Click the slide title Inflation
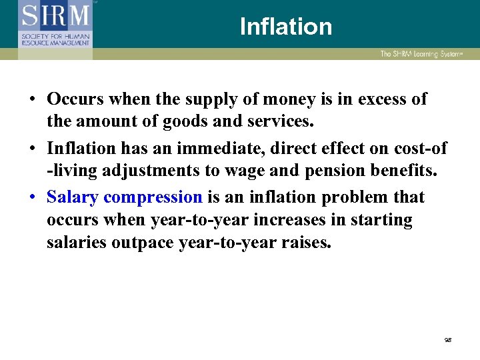point(285,27)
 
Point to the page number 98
point(448,340)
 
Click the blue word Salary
point(73,197)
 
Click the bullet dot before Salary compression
point(32,198)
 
